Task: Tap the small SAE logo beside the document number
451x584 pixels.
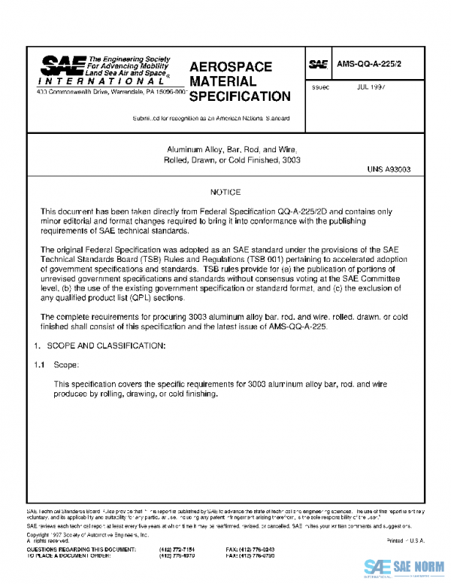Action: [318, 65]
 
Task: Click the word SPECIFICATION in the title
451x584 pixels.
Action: [239, 96]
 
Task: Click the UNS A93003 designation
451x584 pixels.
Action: [389, 171]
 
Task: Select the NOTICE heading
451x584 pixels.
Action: [225, 193]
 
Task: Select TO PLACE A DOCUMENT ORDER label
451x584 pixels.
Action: [72, 556]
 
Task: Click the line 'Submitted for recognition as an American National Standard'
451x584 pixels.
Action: [210, 119]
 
